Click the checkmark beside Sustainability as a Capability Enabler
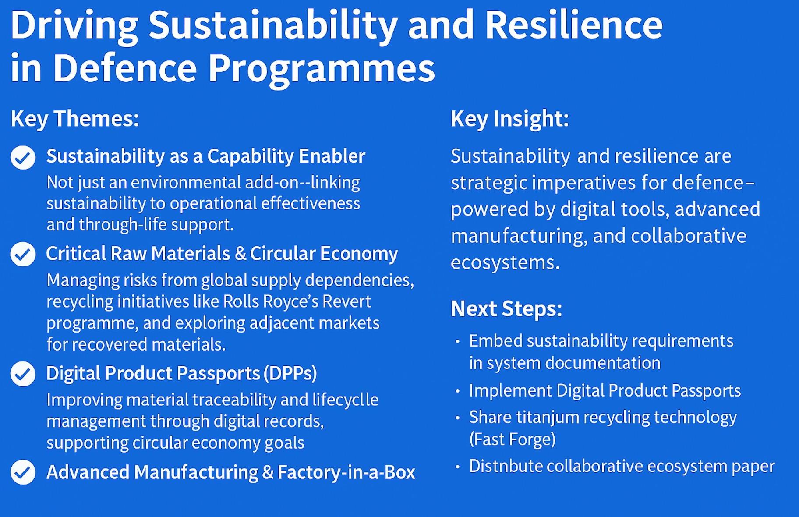23,157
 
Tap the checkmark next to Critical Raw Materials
23,254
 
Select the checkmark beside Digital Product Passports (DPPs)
23,374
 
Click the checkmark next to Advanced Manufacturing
23,472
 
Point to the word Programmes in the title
321,68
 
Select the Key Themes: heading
75,119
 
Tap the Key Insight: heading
510,119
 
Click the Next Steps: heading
506,309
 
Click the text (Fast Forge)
513,439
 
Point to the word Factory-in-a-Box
346,472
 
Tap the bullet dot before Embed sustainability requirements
458,341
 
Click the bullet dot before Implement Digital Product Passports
458,391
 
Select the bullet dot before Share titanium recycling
458,418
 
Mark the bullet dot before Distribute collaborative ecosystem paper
458,467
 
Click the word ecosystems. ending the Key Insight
506,263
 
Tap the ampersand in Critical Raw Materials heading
240,254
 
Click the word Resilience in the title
574,25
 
